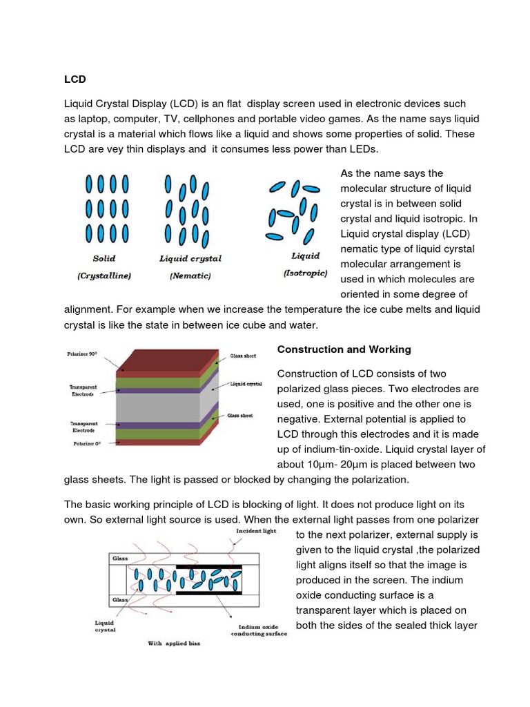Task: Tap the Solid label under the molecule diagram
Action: point(104,259)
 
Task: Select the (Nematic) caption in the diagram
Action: point(190,276)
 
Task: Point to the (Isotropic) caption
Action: point(305,273)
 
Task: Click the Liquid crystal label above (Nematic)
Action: point(190,259)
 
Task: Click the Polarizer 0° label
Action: point(88,445)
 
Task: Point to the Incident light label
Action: point(256,531)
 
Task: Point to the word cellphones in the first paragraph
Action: point(243,118)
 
